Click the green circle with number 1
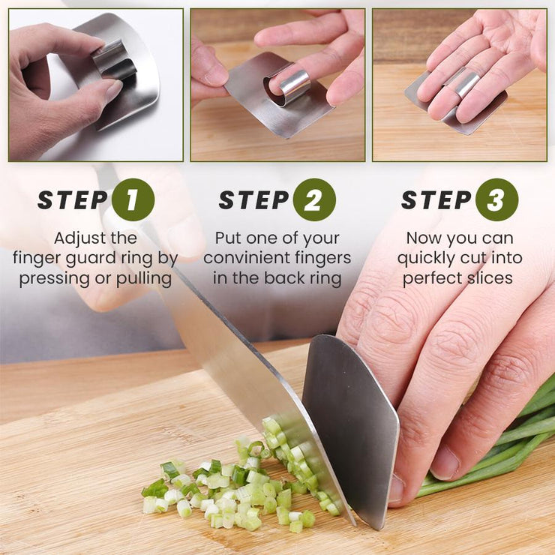(x=133, y=199)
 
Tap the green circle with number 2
(x=314, y=199)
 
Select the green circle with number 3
(x=496, y=199)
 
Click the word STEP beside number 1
(x=73, y=200)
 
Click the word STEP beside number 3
(x=436, y=200)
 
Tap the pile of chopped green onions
(x=241, y=485)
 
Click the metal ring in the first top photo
(x=114, y=59)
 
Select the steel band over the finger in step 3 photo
(x=467, y=85)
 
